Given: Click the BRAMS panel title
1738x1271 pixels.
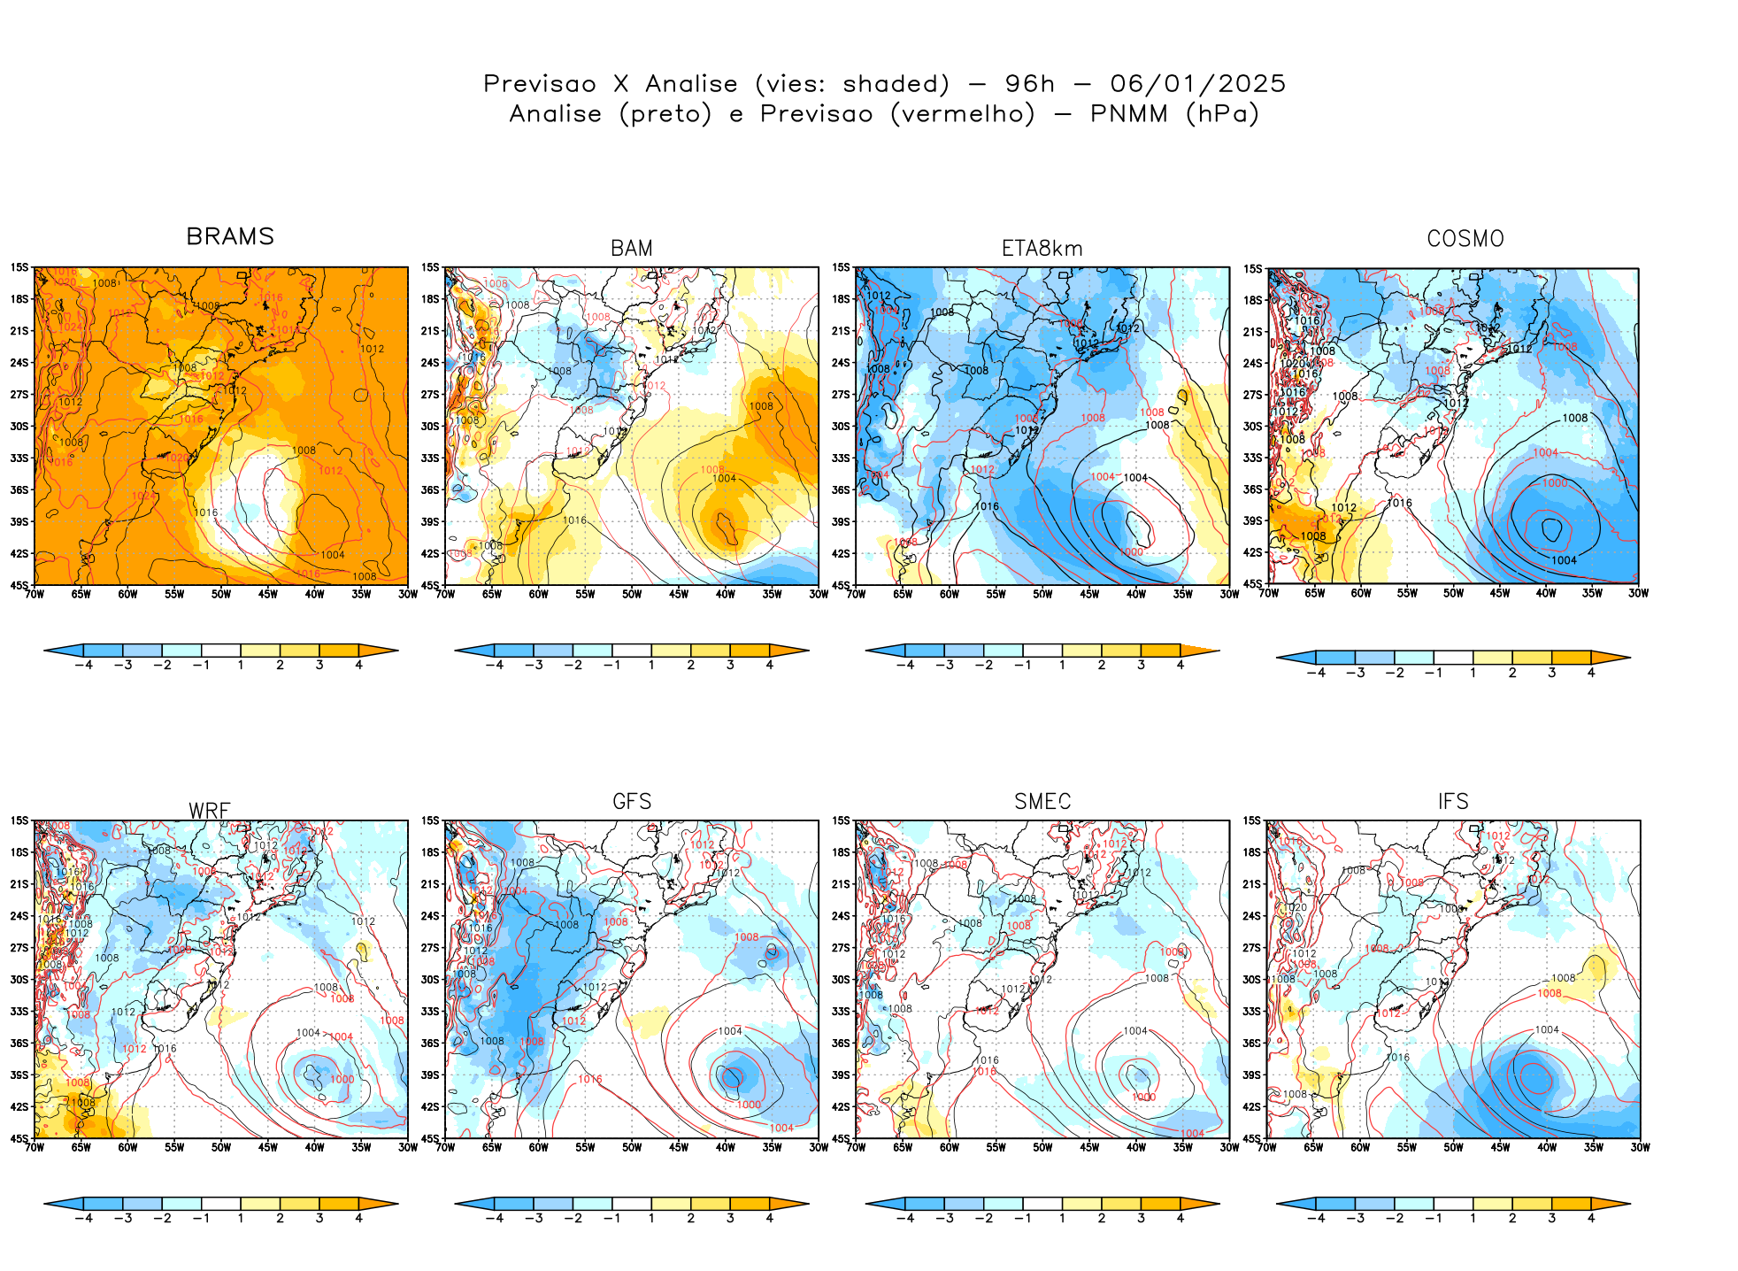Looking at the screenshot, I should pyautogui.click(x=230, y=237).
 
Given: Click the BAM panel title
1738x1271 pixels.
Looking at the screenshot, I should pyautogui.click(x=632, y=249).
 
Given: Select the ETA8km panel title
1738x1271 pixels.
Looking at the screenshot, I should pyautogui.click(x=1042, y=249).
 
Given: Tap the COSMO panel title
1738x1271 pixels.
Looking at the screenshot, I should pyautogui.click(x=1465, y=239).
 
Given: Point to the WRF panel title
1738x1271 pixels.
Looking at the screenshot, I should pyautogui.click(x=210, y=811).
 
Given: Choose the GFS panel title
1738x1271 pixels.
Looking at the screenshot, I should pyautogui.click(x=632, y=802).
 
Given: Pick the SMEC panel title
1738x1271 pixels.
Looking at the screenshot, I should pyautogui.click(x=1042, y=802).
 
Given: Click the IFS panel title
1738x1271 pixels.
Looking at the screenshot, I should pyautogui.click(x=1453, y=802).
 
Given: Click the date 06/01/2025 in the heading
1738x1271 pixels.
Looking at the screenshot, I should pyautogui.click(x=1197, y=84).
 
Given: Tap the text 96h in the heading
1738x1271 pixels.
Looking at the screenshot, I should pyautogui.click(x=1030, y=84).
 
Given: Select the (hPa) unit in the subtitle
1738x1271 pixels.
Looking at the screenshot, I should pyautogui.click(x=1222, y=114).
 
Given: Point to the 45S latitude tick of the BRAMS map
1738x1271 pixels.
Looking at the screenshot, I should pyautogui.click(x=19, y=585).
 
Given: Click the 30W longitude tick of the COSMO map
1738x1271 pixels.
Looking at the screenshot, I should pyautogui.click(x=1638, y=594).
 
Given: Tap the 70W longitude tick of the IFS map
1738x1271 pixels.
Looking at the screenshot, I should pyautogui.click(x=1267, y=1148).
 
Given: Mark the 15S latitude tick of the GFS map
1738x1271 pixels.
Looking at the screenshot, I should pyautogui.click(x=430, y=820).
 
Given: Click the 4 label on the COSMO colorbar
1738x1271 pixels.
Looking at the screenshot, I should pyautogui.click(x=1591, y=673).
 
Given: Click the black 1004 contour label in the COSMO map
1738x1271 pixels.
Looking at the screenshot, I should pyautogui.click(x=1564, y=560).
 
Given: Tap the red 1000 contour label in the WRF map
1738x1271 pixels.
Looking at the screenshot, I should pyautogui.click(x=342, y=1079).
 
